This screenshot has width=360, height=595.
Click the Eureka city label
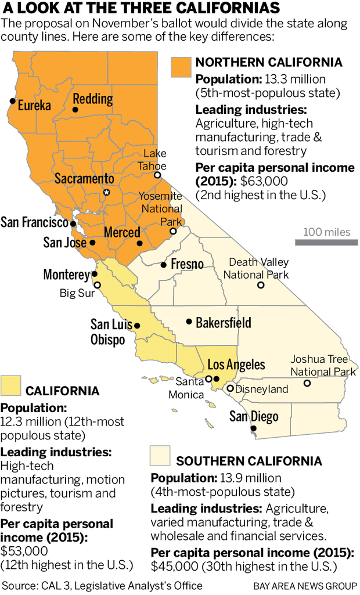35,106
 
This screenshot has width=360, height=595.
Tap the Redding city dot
75,109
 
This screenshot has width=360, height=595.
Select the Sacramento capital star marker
106,192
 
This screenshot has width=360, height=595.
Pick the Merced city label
122,233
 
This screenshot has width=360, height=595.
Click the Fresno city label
186,265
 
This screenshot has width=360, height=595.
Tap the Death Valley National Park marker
261,285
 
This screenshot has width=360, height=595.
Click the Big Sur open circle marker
98,284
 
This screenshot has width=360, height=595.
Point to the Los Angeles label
236,365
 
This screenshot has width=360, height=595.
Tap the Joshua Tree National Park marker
307,383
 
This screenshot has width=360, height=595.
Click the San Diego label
253,416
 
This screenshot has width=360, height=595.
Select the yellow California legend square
11,385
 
